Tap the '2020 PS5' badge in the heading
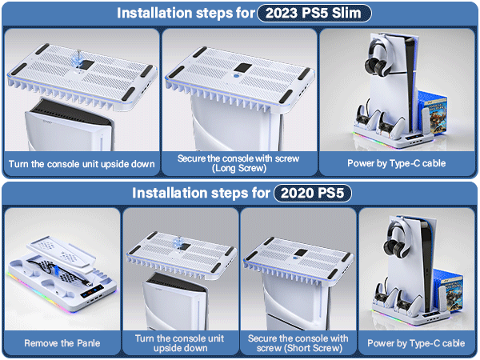[x=312, y=194]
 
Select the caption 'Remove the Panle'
[x=62, y=343]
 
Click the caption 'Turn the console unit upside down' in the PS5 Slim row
[x=81, y=164]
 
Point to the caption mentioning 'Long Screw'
[x=239, y=163]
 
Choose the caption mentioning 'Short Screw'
[x=298, y=343]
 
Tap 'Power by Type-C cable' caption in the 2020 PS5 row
[x=416, y=343]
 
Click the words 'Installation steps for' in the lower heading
[x=201, y=194]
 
